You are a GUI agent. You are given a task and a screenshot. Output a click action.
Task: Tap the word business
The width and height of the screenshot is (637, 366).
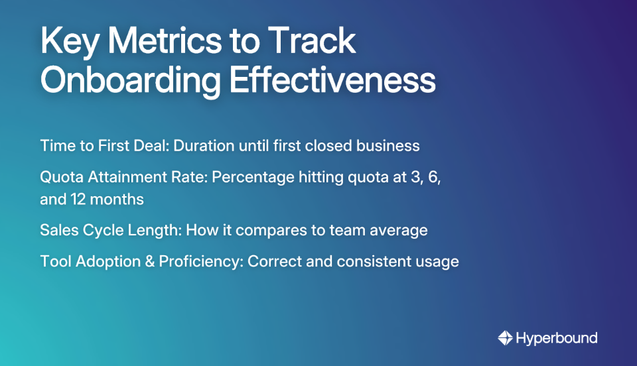point(388,145)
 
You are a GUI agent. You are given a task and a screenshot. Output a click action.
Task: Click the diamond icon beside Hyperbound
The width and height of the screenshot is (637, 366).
point(505,338)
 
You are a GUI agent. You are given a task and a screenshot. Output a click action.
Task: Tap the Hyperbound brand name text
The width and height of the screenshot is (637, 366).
point(557,338)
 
